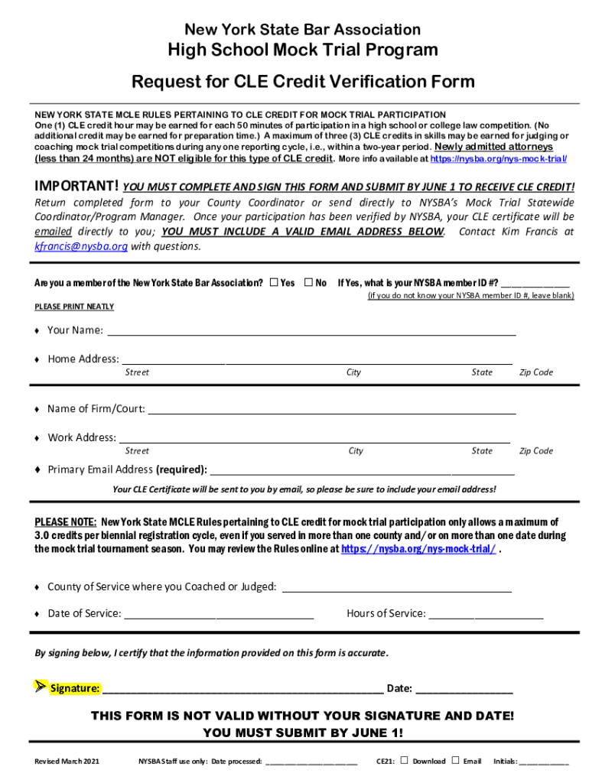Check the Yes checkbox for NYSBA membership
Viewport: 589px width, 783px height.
(x=274, y=283)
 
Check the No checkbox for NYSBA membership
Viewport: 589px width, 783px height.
(x=309, y=283)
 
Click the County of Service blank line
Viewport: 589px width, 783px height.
(x=397, y=589)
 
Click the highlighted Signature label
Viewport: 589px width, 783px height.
(x=75, y=688)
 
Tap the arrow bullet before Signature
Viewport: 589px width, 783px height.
(x=41, y=686)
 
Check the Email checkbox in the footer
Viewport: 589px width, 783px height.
(x=455, y=760)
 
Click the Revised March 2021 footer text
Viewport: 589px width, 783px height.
(x=67, y=762)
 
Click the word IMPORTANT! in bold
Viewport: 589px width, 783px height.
(x=76, y=187)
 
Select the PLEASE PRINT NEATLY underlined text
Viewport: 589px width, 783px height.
(x=74, y=307)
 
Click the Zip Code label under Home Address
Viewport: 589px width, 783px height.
(x=535, y=372)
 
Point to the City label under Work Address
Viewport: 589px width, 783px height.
(x=356, y=451)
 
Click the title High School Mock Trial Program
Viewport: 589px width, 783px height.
(x=303, y=50)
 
